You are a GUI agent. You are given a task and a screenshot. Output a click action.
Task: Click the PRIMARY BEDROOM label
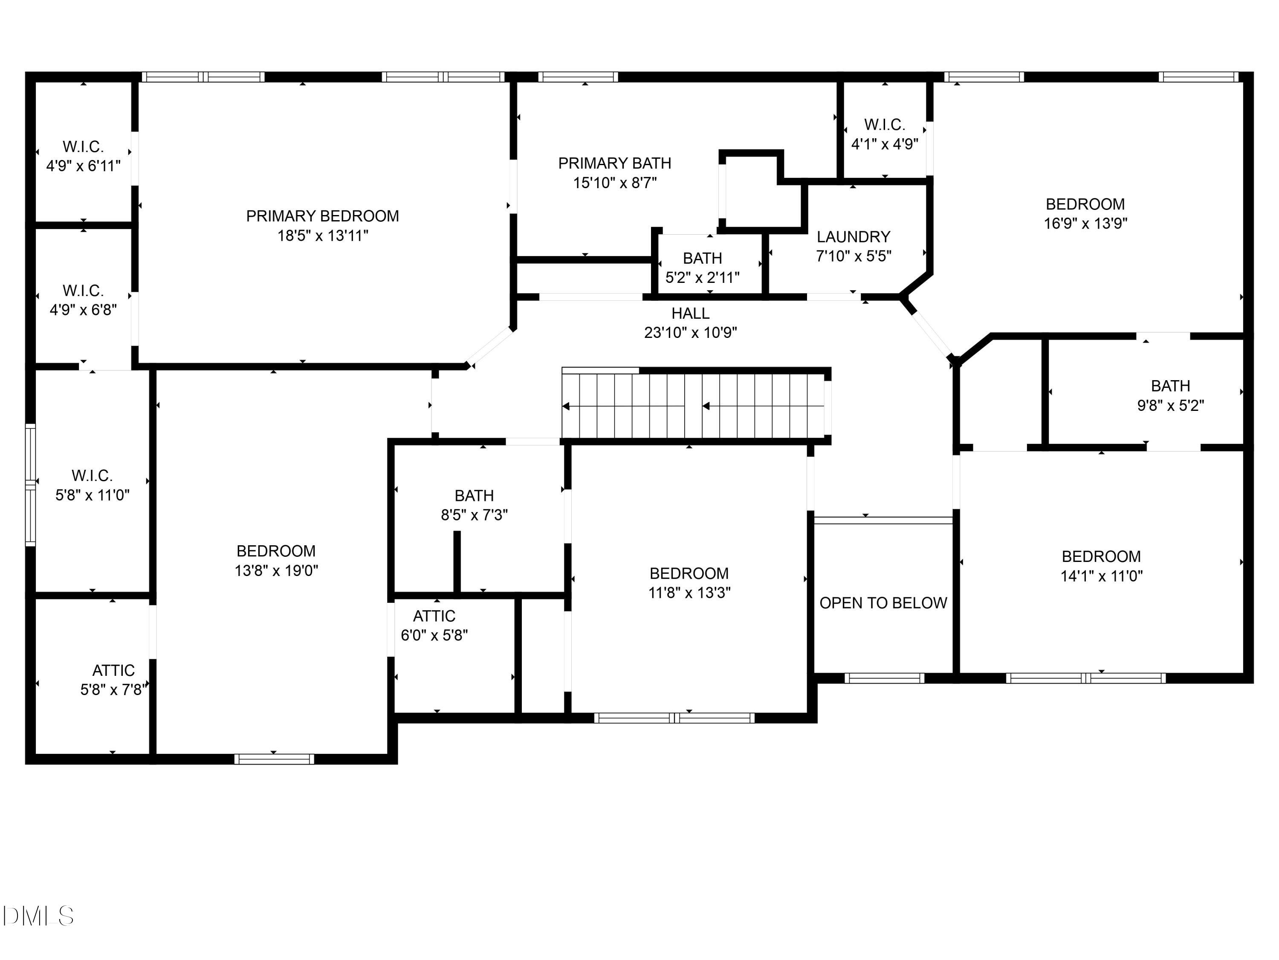coord(322,216)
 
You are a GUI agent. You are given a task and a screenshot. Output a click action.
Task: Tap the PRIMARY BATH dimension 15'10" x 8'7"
coord(615,183)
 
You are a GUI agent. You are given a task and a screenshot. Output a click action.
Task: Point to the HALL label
coord(690,313)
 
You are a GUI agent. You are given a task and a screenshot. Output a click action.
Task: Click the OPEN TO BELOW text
coord(883,603)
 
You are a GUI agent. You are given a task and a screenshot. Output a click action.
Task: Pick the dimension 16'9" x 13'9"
coord(1085,224)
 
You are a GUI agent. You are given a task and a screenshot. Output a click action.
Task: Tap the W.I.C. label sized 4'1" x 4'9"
coord(884,125)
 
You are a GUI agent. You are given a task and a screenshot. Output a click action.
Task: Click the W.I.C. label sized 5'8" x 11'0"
coord(92,476)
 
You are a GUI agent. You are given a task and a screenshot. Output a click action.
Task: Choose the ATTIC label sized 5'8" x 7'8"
coord(113,670)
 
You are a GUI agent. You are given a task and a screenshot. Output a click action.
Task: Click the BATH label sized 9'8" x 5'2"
coord(1170,386)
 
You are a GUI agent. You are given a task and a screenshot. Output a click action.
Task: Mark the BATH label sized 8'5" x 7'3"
coord(474,495)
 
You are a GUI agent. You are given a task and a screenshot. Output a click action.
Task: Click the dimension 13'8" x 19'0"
coord(276,570)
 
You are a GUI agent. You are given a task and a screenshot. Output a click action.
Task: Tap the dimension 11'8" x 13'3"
coord(689,593)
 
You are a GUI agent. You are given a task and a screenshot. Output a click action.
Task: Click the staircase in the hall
coord(694,406)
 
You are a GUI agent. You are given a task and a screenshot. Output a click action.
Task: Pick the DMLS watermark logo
coord(38,916)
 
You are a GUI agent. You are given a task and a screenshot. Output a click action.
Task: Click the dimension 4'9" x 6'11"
coord(83,166)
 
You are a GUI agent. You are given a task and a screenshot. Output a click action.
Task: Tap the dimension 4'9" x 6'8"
coord(83,310)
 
